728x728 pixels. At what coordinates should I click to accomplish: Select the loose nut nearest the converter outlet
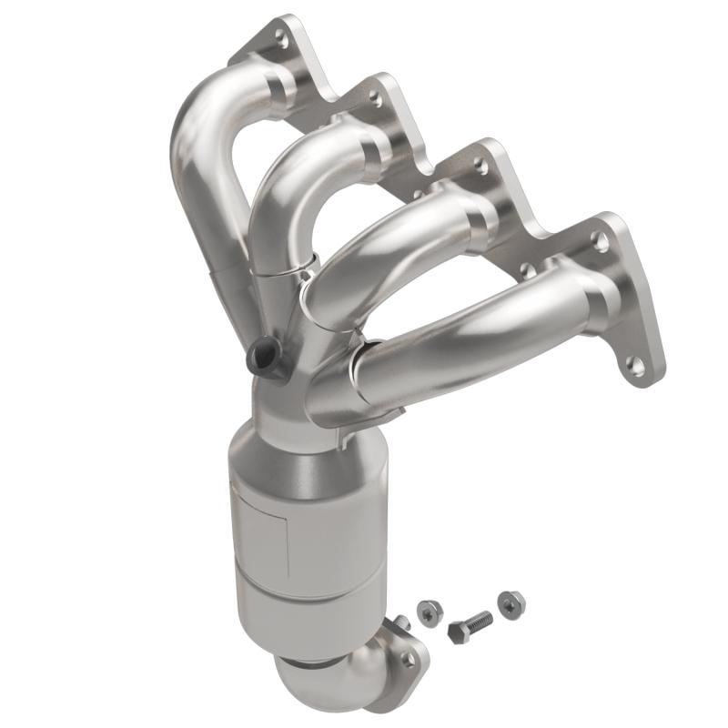426,612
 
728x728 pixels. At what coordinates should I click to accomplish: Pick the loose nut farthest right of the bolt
511,601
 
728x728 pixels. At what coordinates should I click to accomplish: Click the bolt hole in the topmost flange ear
281,39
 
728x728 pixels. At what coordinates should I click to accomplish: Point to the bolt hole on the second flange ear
374,94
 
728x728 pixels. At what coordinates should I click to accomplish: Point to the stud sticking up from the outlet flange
399,622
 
